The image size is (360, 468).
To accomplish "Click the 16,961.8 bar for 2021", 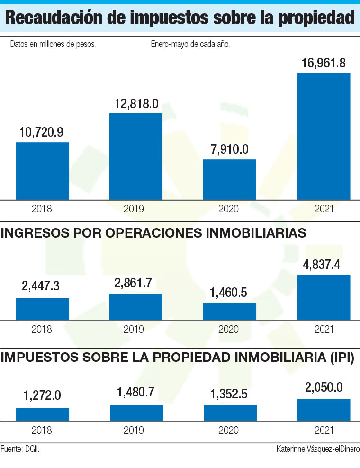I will (x=324, y=136).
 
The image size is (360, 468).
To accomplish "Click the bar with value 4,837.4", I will (x=324, y=298).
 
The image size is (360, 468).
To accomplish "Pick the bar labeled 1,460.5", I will (x=230, y=312).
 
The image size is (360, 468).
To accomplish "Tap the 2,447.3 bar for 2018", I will (x=43, y=309).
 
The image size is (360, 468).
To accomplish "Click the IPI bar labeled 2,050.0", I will (x=324, y=410).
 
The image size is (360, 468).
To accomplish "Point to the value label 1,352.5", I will (x=230, y=395).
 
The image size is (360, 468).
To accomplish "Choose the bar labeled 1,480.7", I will (x=136, y=413).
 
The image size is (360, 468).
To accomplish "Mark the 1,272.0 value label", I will (x=42, y=395).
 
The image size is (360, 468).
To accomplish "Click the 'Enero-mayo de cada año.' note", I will (x=190, y=45).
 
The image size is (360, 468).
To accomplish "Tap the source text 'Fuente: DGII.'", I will (x=20, y=449).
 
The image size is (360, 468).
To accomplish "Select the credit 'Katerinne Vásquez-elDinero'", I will (x=318, y=449).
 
